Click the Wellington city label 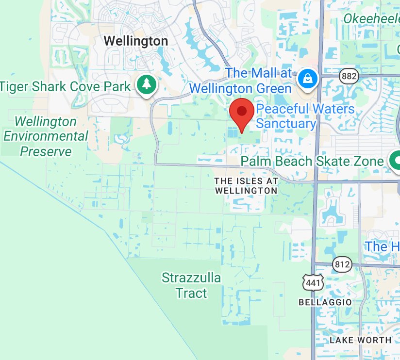point(136,41)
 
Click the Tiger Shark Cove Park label point(66,87)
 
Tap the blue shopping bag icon point(307,78)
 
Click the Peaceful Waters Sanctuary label point(305,116)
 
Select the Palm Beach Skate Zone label point(312,161)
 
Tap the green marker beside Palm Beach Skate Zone point(395,160)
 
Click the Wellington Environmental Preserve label point(46,136)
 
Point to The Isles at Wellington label point(246,186)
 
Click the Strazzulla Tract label point(191,285)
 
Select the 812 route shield point(342,264)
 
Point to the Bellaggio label point(325,302)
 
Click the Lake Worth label point(360,340)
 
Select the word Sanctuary point(286,123)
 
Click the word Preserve point(46,151)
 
